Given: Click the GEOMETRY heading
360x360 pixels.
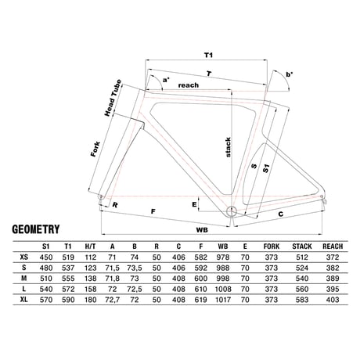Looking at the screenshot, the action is (x=36, y=229).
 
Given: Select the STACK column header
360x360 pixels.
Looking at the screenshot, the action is (x=302, y=247).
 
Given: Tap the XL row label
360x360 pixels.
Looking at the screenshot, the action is (x=24, y=300).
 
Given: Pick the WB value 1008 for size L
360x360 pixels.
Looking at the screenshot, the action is (x=223, y=289).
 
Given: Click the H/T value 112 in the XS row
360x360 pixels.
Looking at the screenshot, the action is (x=90, y=257).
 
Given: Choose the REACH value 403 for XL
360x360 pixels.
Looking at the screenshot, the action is (x=333, y=300).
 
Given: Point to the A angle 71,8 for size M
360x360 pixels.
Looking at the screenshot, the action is (x=112, y=279).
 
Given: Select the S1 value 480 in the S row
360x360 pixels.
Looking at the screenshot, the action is (x=46, y=268).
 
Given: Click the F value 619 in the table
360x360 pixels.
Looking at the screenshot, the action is (x=200, y=300).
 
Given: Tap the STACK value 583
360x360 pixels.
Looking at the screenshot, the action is (x=302, y=300).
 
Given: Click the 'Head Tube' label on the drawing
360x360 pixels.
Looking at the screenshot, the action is (x=113, y=98).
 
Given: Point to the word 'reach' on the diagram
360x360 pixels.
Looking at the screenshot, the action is (x=189, y=85).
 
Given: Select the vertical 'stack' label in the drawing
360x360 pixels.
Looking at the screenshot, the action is (x=228, y=147).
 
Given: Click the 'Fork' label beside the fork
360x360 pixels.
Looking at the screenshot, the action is (x=95, y=149).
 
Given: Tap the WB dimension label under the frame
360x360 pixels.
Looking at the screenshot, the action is (x=202, y=230).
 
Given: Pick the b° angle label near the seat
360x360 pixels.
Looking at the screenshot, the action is (x=290, y=74).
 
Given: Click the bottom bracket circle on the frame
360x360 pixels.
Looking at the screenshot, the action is (x=231, y=211).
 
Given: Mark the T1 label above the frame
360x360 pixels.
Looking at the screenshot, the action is (x=208, y=55).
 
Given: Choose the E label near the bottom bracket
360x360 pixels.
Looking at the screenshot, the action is (x=194, y=204).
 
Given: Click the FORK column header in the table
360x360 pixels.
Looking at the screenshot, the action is (x=272, y=247).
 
